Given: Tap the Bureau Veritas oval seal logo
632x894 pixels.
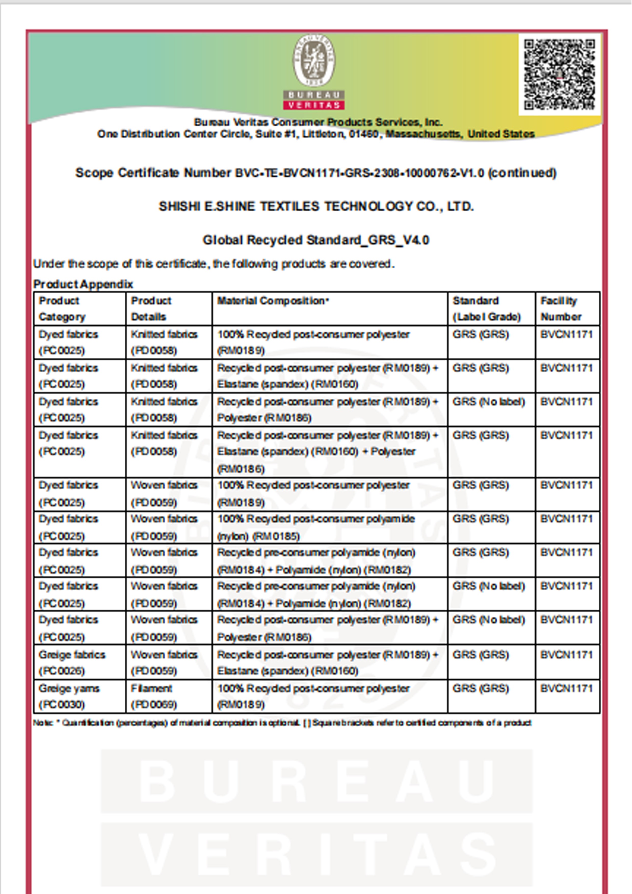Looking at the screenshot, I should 314,61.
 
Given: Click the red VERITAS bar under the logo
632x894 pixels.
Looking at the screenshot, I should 314,105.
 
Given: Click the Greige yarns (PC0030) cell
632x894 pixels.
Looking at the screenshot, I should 69,696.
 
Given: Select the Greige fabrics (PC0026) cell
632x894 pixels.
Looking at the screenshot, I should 72,662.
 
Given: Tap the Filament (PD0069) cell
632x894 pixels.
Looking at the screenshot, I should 154,696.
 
